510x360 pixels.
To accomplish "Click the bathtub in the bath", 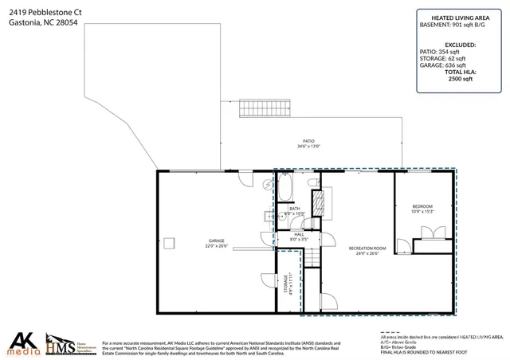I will (x=285, y=190).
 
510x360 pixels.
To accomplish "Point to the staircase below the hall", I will (x=312, y=257).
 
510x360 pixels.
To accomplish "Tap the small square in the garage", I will (x=169, y=241).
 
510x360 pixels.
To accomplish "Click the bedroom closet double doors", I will (x=431, y=232).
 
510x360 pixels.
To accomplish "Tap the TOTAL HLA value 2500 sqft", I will (x=461, y=79).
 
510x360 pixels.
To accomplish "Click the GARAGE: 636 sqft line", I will (x=461, y=66).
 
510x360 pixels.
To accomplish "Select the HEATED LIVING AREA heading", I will (x=460, y=17).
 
